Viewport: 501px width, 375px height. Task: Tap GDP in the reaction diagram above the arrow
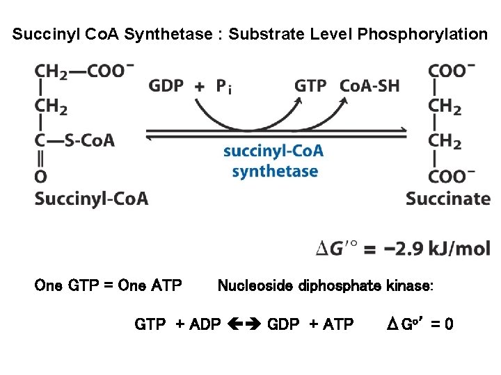pyautogui.click(x=166, y=86)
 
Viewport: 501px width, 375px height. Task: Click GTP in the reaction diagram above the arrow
pyautogui.click(x=310, y=86)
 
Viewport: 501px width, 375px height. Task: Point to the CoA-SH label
pyautogui.click(x=369, y=86)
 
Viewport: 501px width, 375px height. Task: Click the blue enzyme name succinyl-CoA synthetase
pyautogui.click(x=274, y=161)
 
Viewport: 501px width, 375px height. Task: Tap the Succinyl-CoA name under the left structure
pyautogui.click(x=91, y=199)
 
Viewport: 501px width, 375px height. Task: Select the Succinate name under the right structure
pyautogui.click(x=448, y=199)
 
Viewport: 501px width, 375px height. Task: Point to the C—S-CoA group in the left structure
pyautogui.click(x=75, y=140)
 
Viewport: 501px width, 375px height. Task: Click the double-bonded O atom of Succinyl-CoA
pyautogui.click(x=41, y=176)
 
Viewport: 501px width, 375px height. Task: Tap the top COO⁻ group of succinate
pyautogui.click(x=452, y=71)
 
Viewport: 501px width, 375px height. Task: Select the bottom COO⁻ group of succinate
pyautogui.click(x=452, y=176)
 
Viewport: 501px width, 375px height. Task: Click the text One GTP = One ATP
pyautogui.click(x=108, y=285)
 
